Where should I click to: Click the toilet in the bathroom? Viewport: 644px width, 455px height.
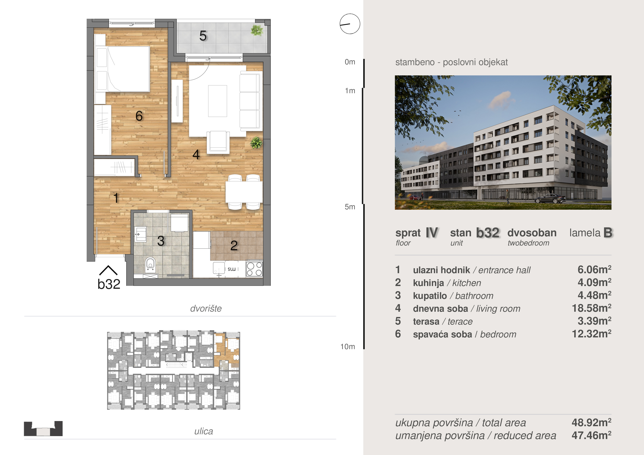tap(150, 265)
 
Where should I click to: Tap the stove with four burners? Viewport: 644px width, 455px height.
tap(254, 269)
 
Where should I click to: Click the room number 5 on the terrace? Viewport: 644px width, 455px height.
tap(203, 36)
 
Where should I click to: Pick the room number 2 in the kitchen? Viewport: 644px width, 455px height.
tap(234, 246)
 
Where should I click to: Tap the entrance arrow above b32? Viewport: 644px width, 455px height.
tap(108, 270)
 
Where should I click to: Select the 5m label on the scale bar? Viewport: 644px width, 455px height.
tap(350, 207)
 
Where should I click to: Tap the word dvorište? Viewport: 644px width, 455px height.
tap(206, 308)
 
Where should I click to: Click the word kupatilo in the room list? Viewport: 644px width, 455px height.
tap(430, 296)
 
